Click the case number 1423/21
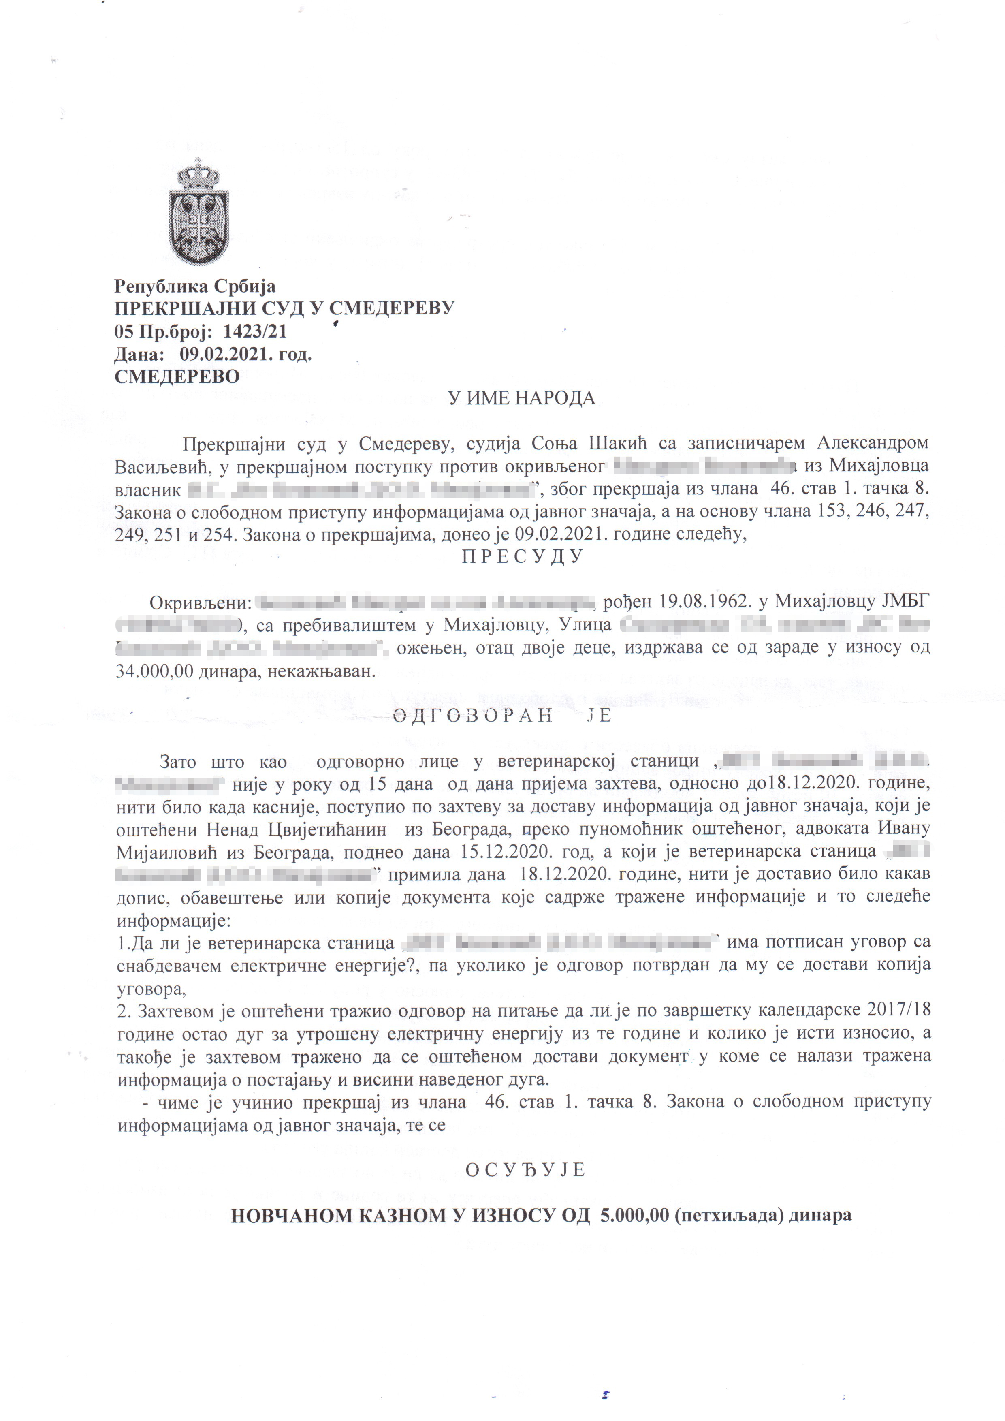(254, 332)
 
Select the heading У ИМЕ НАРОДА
(521, 398)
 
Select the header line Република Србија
(195, 286)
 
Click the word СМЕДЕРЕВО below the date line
(177, 377)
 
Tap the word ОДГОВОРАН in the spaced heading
(473, 716)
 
